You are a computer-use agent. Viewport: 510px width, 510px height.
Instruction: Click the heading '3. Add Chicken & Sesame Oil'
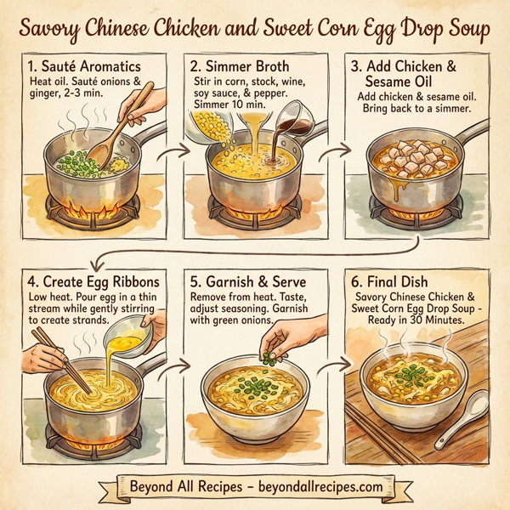click(422, 73)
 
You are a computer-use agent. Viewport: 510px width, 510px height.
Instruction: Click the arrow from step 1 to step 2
click(173, 154)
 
